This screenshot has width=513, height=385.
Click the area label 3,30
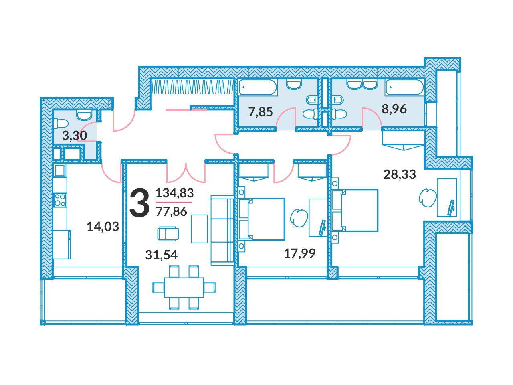(74, 136)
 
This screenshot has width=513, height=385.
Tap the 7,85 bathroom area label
(261, 112)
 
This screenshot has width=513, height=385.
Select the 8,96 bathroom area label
(394, 109)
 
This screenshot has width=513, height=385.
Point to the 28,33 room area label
(400, 174)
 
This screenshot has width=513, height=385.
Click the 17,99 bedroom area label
(300, 253)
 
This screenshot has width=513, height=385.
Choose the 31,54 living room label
(161, 255)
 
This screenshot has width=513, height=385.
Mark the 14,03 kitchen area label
(103, 227)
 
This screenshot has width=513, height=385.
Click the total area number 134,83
(175, 193)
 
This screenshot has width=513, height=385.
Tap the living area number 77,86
(171, 212)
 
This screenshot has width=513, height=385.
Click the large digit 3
(139, 202)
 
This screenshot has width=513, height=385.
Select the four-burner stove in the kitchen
(60, 200)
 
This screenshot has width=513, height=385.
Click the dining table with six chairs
(184, 287)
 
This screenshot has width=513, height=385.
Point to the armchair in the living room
(168, 233)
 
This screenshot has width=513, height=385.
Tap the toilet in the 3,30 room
(61, 123)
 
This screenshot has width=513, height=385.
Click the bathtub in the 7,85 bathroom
(258, 87)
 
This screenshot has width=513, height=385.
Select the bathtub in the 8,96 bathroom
(404, 87)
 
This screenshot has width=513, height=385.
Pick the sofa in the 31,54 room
(222, 230)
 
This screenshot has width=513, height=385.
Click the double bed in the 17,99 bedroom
(261, 219)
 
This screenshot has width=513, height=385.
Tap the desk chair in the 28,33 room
(428, 198)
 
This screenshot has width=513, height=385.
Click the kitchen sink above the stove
(60, 170)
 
